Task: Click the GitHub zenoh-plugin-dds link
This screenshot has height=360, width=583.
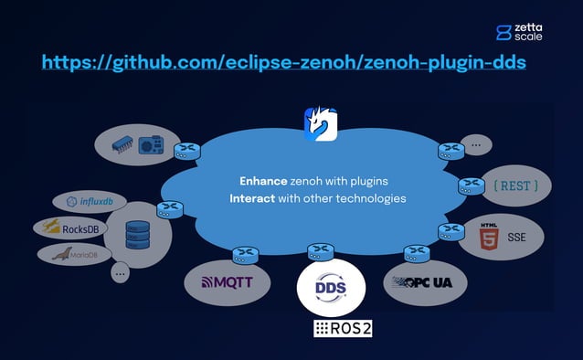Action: point(283,63)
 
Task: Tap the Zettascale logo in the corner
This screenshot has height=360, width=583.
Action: point(518,32)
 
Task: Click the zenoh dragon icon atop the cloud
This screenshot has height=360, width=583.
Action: point(320,124)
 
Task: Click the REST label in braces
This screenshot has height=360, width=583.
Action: point(515,186)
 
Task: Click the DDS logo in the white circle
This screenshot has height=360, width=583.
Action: point(330,288)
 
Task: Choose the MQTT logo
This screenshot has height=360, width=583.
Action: point(228,282)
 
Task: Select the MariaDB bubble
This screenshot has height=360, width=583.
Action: point(68,253)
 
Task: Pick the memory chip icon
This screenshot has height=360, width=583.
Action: point(124,145)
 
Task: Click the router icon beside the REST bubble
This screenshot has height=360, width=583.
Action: point(471,185)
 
